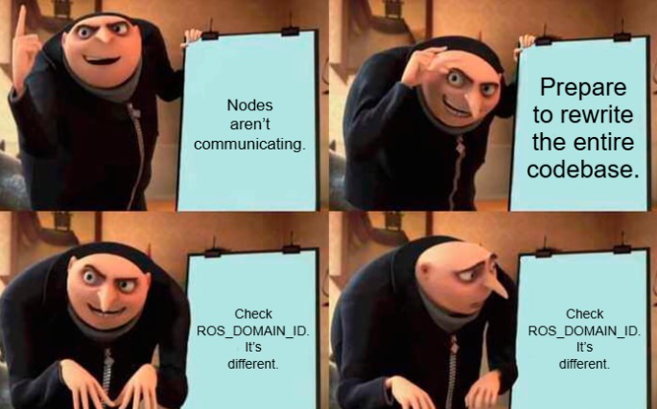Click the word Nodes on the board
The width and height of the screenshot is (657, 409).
[x=249, y=105]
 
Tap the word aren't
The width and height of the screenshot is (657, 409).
[x=249, y=125]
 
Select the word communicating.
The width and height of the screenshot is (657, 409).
[x=249, y=145]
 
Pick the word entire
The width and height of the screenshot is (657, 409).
[x=604, y=142]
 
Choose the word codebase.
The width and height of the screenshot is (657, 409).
[x=583, y=170]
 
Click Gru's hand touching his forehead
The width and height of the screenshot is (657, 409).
[x=424, y=62]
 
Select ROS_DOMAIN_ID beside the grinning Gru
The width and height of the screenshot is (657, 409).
[x=252, y=330]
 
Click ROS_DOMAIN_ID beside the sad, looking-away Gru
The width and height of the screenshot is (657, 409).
[x=584, y=330]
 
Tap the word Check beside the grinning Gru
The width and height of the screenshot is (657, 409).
[x=253, y=313]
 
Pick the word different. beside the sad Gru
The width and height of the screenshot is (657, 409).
[x=584, y=364]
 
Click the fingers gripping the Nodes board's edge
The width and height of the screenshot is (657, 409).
[x=191, y=36]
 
